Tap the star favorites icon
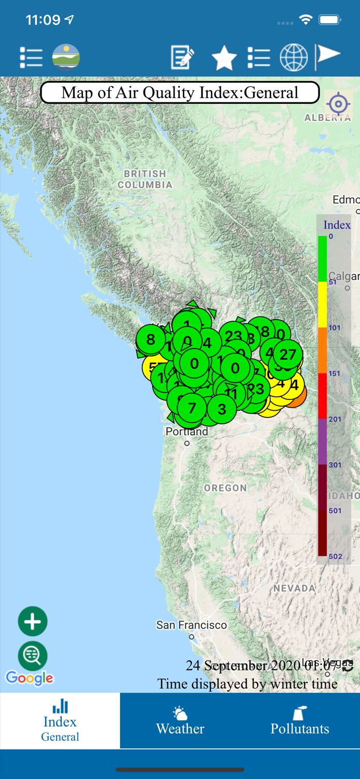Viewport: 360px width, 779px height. click(x=224, y=58)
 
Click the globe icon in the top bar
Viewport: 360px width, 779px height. click(x=294, y=57)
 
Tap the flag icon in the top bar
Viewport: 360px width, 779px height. click(x=328, y=56)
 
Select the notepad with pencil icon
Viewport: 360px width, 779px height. click(x=182, y=57)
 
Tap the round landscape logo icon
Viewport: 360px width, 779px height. click(x=66, y=57)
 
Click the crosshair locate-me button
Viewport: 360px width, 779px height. click(x=338, y=104)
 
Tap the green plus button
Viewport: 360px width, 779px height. click(x=33, y=621)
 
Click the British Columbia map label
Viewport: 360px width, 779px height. click(x=145, y=179)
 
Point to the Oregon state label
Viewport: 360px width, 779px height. click(x=225, y=488)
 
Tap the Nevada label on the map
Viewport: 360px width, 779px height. click(x=295, y=588)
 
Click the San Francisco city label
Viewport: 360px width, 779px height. click(x=192, y=625)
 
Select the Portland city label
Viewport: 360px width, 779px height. click(x=187, y=432)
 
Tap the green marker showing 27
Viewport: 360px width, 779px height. click(x=288, y=355)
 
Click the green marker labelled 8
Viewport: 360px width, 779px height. click(x=151, y=340)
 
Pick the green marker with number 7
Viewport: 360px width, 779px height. click(x=192, y=408)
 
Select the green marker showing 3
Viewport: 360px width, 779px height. click(x=222, y=409)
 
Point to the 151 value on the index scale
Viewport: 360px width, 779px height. click(x=335, y=373)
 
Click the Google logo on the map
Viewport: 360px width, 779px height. click(x=30, y=678)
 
